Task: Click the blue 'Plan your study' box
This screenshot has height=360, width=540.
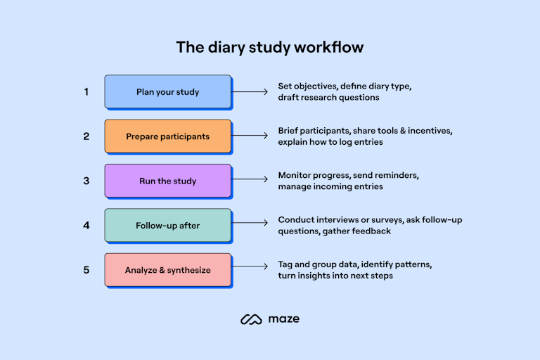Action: [168, 91]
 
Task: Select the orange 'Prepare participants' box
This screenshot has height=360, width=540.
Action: [168, 136]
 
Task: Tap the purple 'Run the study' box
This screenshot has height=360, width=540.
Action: [168, 181]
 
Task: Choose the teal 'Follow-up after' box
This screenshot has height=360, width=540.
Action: [168, 225]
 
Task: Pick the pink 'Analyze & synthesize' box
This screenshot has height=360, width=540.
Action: [168, 270]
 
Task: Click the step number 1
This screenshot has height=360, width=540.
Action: [86, 91]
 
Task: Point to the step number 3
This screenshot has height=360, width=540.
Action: [86, 181]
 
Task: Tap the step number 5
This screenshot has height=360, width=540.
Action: [86, 270]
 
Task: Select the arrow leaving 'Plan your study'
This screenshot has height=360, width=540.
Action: [250, 91]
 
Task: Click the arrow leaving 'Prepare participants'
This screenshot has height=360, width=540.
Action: [250, 136]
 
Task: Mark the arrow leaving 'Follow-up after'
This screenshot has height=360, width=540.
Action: [250, 223]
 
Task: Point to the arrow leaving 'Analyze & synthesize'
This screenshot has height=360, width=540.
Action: [250, 266]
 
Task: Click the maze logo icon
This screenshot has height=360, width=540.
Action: [251, 319]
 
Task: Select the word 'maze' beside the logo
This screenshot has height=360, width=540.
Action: [284, 319]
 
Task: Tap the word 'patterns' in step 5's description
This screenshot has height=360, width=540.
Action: [413, 264]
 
